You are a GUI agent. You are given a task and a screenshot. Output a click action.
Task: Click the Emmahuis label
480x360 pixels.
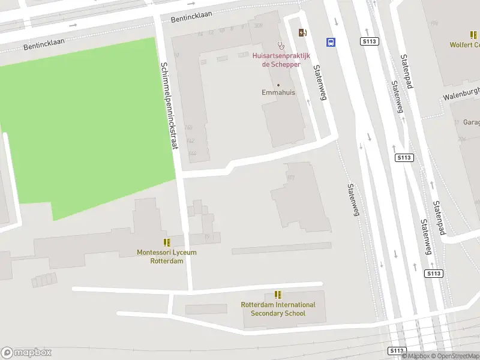coord(278,93)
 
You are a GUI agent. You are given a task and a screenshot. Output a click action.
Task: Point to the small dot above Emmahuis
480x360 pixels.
coord(278,85)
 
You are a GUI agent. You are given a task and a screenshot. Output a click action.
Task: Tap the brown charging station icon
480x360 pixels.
coord(301,32)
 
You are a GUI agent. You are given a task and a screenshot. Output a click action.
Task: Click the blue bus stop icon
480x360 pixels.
coord(331,42)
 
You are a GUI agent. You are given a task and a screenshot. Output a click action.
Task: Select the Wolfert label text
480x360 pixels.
coord(465,45)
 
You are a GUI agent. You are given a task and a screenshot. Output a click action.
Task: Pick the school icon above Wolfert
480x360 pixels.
coord(473,35)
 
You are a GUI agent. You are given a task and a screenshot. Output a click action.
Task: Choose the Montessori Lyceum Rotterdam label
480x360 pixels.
coord(167,257)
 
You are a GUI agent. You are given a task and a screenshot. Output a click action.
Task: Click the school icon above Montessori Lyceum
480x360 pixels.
coord(167,243)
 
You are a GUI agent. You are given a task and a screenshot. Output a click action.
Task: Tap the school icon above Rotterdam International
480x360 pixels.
coord(278,295)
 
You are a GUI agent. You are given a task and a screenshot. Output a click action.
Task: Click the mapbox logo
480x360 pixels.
coord(26,353)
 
